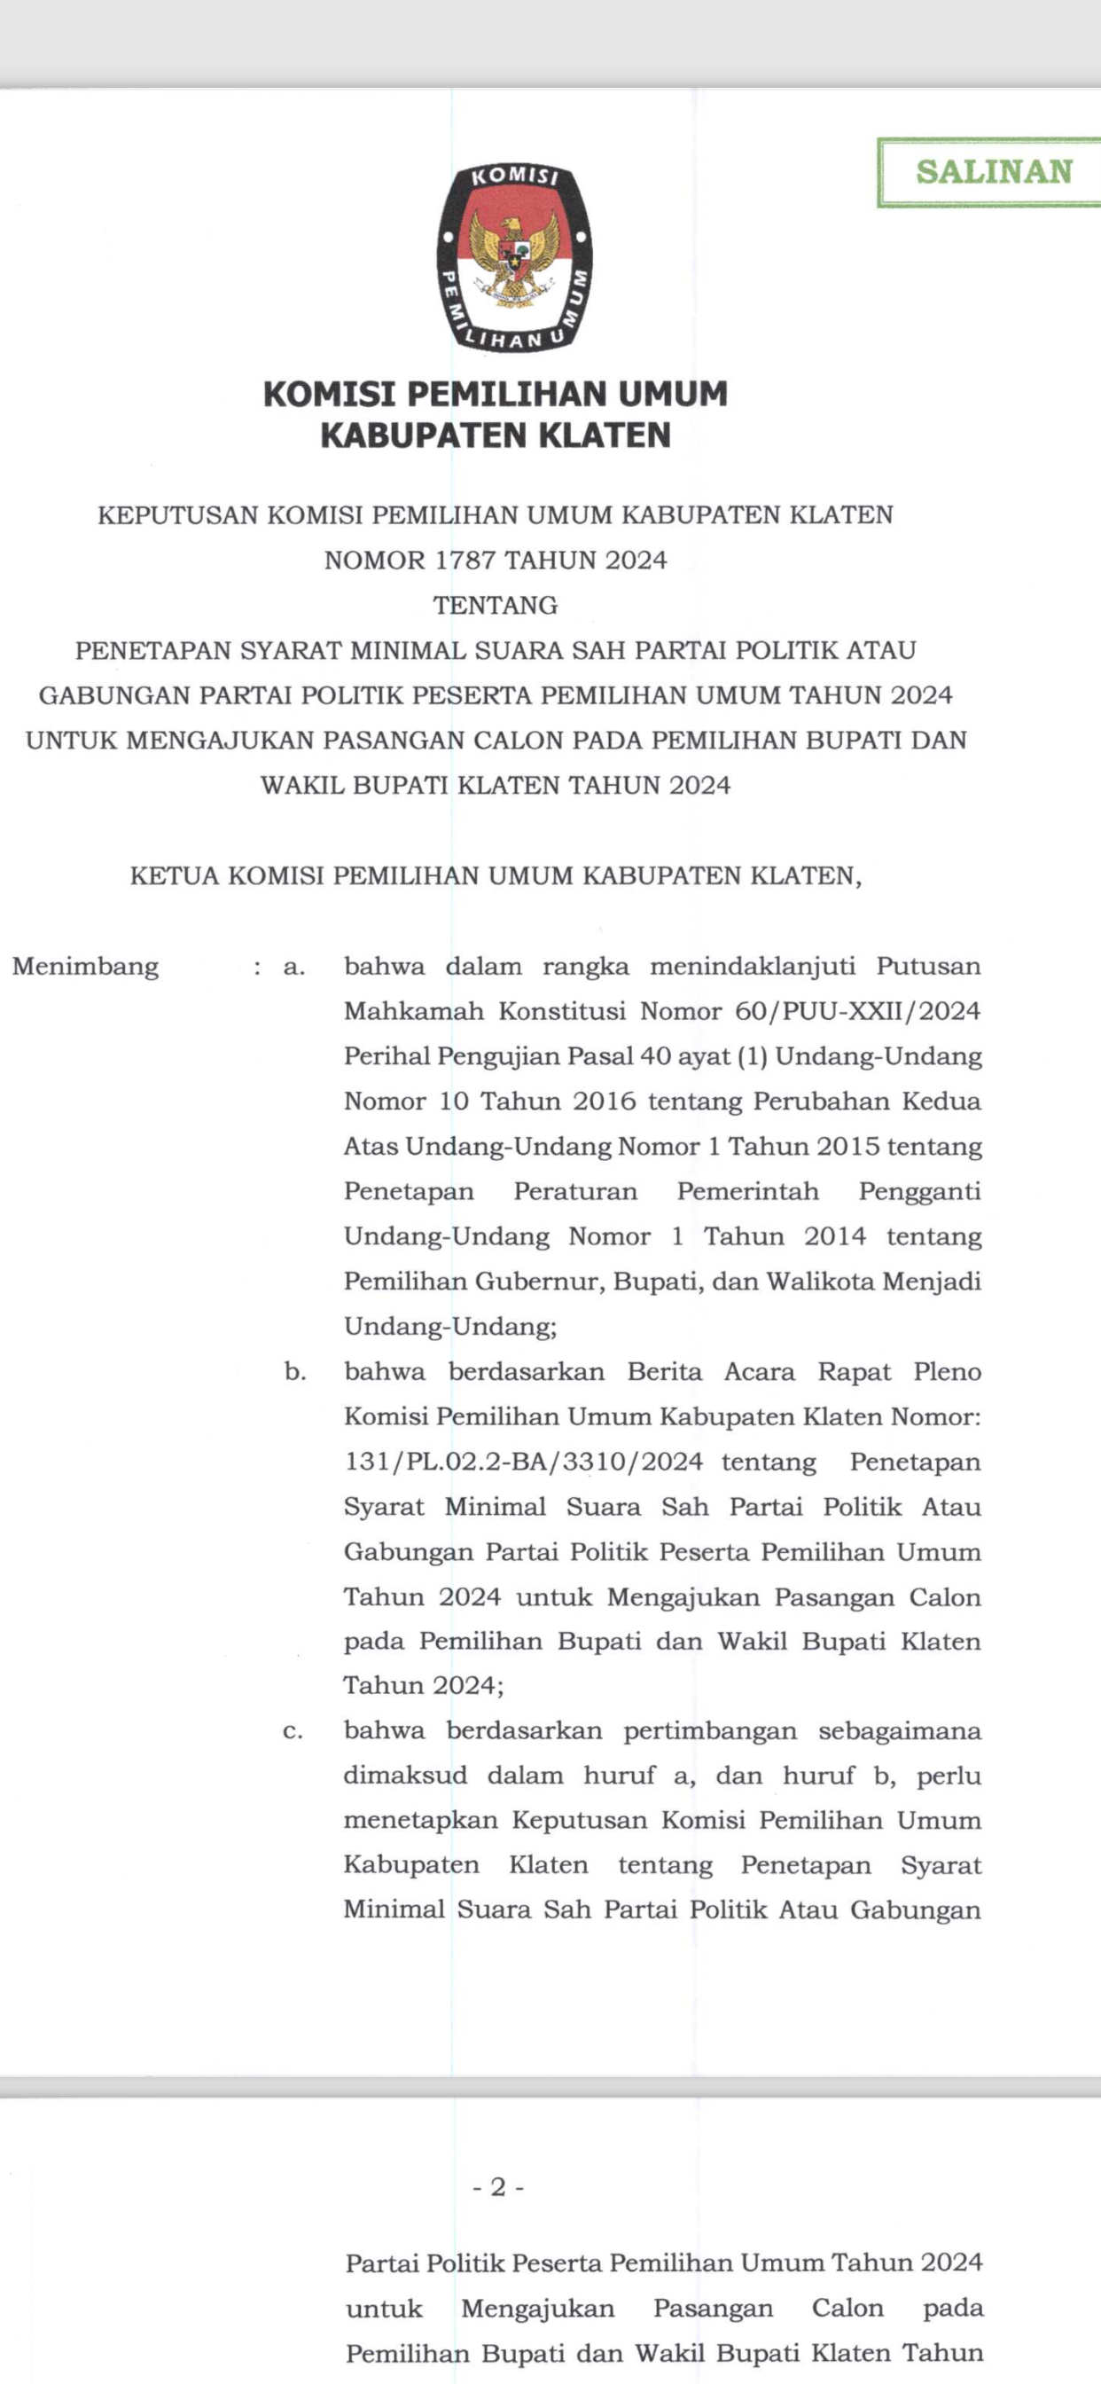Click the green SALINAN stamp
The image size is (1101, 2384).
pos(993,172)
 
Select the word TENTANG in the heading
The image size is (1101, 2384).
pos(496,605)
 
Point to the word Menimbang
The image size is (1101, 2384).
pos(86,967)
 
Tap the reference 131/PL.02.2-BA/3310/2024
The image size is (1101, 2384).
pos(523,1463)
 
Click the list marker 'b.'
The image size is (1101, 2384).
pos(295,1372)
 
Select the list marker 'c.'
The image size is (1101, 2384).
pos(293,1731)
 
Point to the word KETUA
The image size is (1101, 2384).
pos(174,876)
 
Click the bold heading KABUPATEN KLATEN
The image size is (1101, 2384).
pos(496,435)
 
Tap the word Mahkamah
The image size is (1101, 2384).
pos(414,1012)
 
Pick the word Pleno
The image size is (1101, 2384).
pos(947,1372)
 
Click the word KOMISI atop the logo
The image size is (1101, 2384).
pos(513,176)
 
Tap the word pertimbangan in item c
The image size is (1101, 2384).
pos(710,1731)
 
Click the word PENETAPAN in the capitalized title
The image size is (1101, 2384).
pos(152,651)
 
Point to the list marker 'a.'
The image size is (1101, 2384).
pos(294,967)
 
